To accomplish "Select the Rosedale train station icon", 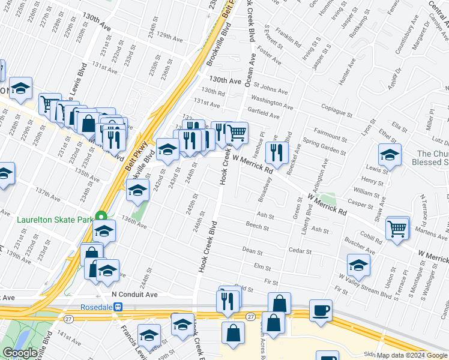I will click(x=119, y=307).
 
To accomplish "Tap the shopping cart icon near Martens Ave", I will click(x=397, y=229).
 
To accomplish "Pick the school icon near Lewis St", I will click(x=390, y=155).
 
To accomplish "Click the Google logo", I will click(x=20, y=353).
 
